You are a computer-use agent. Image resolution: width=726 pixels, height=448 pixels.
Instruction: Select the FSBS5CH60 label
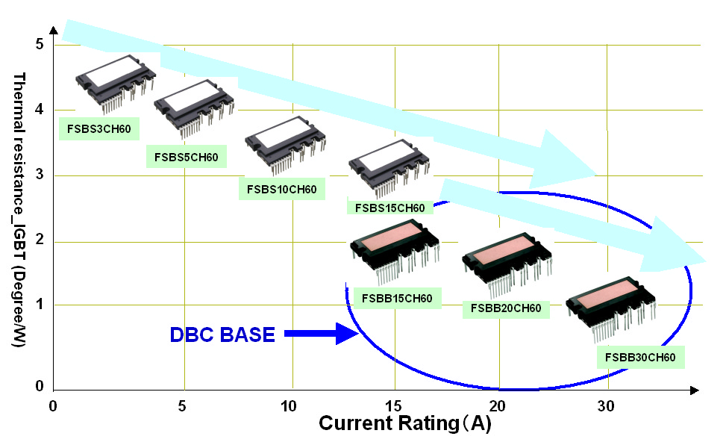(187, 157)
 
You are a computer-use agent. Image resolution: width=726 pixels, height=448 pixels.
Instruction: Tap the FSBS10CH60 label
(282, 189)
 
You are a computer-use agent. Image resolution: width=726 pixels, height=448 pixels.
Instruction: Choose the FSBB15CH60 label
(397, 299)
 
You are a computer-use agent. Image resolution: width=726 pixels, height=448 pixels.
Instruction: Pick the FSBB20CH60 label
(506, 308)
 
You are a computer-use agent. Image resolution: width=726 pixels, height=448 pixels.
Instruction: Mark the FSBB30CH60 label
(641, 357)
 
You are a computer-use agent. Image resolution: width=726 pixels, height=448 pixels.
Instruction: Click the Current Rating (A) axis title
(406, 423)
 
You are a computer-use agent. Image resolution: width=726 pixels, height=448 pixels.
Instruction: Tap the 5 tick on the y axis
(39, 44)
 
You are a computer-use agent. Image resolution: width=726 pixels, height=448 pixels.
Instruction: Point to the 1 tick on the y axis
(39, 305)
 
